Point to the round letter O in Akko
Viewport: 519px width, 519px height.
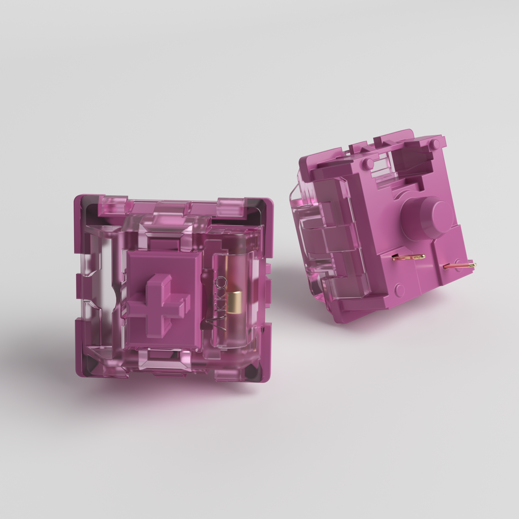[x=222, y=282]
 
